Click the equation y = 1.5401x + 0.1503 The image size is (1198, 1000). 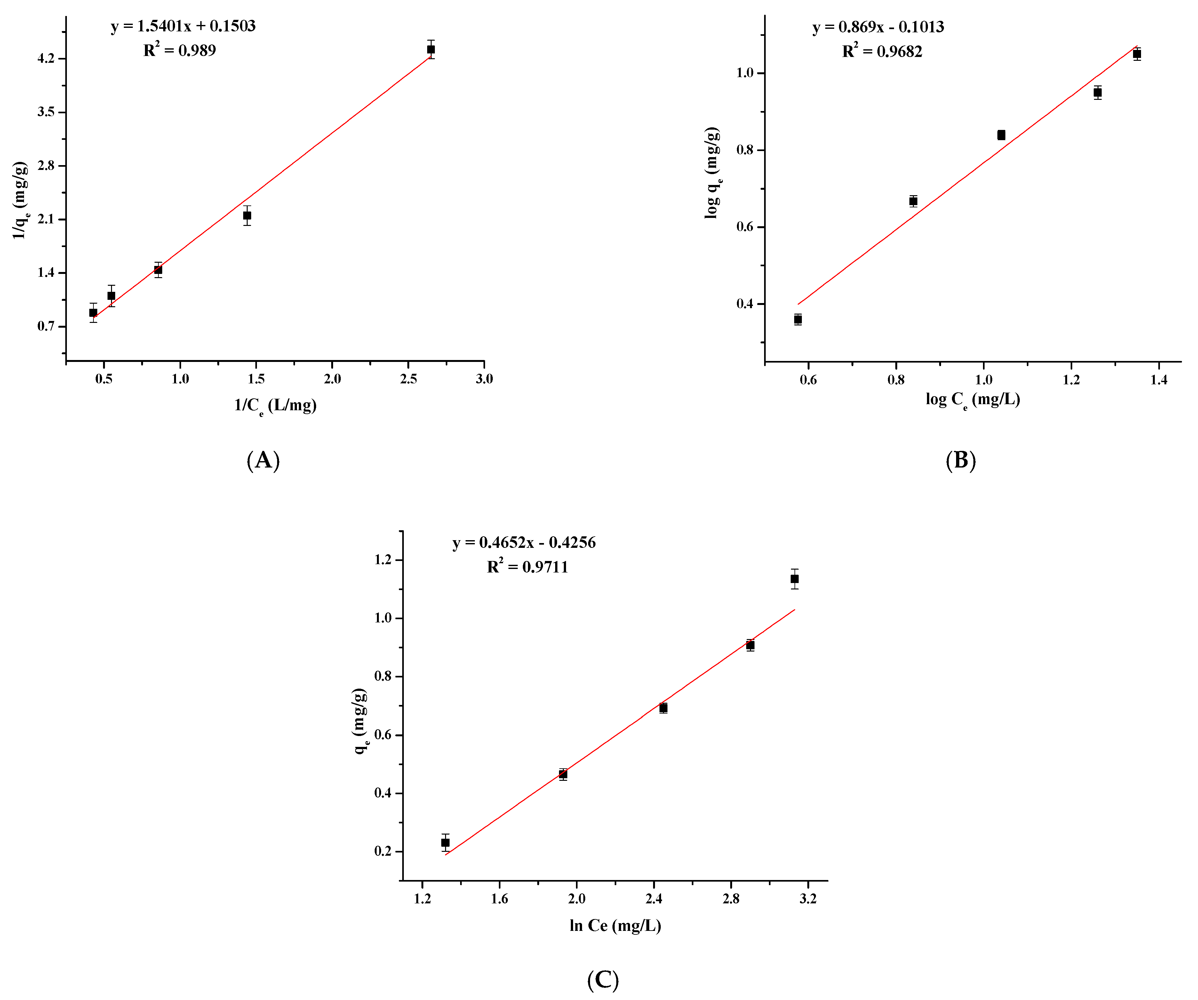[183, 26]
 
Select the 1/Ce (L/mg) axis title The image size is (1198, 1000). [276, 405]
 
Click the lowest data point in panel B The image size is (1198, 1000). [798, 319]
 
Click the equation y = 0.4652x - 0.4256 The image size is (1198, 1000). [524, 542]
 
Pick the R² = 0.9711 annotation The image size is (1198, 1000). [528, 567]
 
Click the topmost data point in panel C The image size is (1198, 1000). [795, 579]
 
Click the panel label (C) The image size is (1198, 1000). [603, 980]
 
